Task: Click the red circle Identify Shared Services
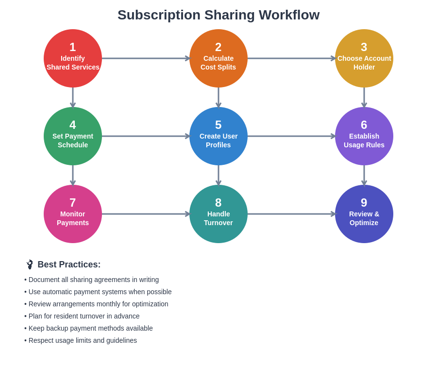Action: [x=73, y=58]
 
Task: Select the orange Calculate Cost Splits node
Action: [x=218, y=58]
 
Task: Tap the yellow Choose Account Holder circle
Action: [x=364, y=58]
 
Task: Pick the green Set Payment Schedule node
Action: [x=73, y=136]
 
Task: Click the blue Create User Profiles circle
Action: [x=218, y=136]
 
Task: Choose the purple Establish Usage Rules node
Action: [x=364, y=136]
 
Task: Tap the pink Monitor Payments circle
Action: [x=73, y=214]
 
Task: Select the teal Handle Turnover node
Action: [x=218, y=214]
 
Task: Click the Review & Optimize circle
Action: [x=364, y=214]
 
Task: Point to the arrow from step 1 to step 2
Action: [x=146, y=58]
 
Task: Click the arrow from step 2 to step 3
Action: [x=291, y=58]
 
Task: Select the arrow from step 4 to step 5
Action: [x=146, y=136]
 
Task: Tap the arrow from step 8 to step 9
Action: [x=291, y=214]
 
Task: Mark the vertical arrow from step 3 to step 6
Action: [x=364, y=97]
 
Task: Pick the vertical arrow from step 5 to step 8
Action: [x=218, y=175]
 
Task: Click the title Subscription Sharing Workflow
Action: [x=218, y=15]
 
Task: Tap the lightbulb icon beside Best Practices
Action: [x=30, y=265]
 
